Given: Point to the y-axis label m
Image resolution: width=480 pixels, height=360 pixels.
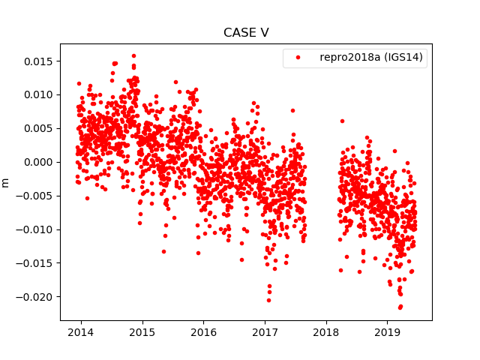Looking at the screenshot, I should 6,182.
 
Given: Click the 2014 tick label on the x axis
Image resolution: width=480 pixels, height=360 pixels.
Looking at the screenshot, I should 81,331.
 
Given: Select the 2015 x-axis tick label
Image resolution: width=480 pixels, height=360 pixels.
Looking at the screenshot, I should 142,331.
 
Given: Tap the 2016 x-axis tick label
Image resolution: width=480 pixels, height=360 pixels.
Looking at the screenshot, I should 203,331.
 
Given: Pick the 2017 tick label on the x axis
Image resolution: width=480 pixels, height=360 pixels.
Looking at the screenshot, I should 265,331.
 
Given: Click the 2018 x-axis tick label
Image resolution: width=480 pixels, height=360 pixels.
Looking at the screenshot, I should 325,331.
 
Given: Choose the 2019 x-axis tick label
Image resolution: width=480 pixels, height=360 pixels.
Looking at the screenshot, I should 387,331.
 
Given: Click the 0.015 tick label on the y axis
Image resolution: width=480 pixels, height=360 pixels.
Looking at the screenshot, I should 36,61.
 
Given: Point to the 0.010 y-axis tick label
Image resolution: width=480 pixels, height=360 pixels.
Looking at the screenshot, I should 36,94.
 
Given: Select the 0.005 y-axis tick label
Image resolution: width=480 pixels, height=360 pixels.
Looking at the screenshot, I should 36,128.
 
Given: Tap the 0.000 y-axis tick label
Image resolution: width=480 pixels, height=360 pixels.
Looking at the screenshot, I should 36,162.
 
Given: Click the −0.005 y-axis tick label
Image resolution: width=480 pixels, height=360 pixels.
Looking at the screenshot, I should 34,196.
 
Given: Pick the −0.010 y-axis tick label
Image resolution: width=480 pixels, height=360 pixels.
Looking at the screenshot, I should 34,229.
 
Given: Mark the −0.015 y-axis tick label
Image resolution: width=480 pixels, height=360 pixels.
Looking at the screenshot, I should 34,263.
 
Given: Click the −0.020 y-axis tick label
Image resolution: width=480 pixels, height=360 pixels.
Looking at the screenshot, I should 34,297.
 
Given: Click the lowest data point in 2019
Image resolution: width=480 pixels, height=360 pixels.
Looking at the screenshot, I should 400,307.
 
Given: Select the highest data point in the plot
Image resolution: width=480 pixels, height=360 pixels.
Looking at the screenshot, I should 133,55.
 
